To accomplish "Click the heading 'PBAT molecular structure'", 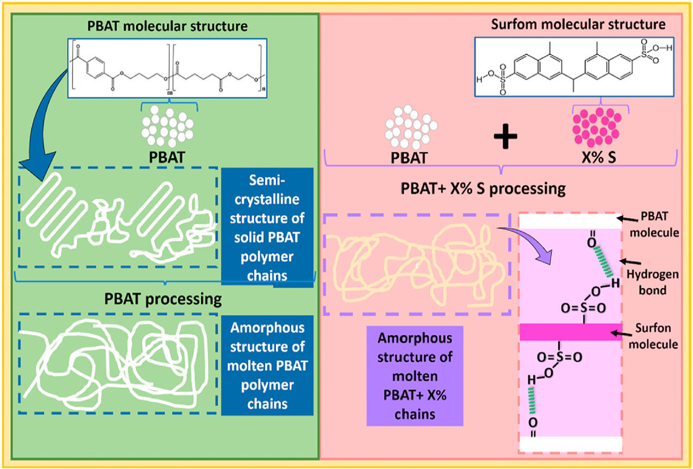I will point(167,26).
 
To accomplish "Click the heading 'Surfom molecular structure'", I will point(578,25).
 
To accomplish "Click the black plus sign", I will point(505,136).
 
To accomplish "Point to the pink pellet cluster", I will point(597,127).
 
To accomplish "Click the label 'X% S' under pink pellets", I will point(599,157).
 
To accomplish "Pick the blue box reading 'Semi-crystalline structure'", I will point(267,227).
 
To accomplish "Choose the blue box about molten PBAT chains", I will point(267,365).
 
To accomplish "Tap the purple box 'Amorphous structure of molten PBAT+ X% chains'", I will point(414,376).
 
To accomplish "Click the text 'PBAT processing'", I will point(163,299).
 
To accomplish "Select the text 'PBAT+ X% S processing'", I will point(483,188).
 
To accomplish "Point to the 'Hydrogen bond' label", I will point(652,282).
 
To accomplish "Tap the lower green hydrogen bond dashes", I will point(532,400).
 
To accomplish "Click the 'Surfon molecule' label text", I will point(653,336).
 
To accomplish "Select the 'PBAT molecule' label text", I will point(654,224).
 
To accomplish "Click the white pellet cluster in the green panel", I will point(167,126).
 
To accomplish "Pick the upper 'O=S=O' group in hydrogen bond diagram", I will point(583,308).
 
